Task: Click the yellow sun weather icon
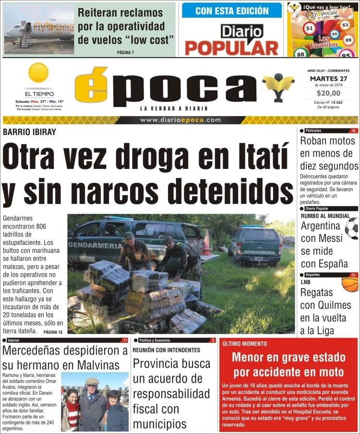click(x=38, y=73)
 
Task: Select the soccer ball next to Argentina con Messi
click(x=352, y=228)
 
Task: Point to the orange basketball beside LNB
click(x=350, y=284)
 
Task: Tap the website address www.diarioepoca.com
click(x=180, y=120)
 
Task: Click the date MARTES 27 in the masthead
click(x=329, y=79)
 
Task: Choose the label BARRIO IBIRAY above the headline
click(x=29, y=132)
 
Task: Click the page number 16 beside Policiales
click(x=353, y=131)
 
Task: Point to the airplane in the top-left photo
click(x=38, y=35)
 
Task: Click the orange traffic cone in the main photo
click(x=206, y=242)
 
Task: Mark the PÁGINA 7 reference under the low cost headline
click(x=125, y=52)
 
